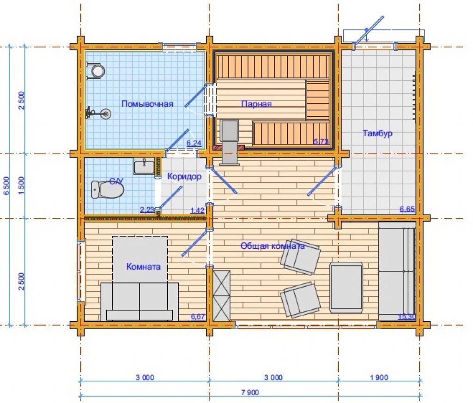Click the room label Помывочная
pos(147,104)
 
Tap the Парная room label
pos(256,104)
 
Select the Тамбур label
pos(377,133)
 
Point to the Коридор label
pos(184,176)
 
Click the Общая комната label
pos(273,246)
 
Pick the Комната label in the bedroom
pos(143,266)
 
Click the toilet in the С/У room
pos(107,190)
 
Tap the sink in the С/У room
pos(144,166)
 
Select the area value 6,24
pos(194,143)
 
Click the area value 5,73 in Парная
pos(321,141)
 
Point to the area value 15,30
pos(407,317)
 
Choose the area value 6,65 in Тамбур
pos(407,209)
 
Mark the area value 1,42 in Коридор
pos(198,211)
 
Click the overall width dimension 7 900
pos(250,392)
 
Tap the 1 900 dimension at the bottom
pos(379,377)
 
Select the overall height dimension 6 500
pos(6,186)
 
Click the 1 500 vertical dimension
pos(21,186)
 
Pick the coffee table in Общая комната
pos(346,288)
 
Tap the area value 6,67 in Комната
pos(198,317)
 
